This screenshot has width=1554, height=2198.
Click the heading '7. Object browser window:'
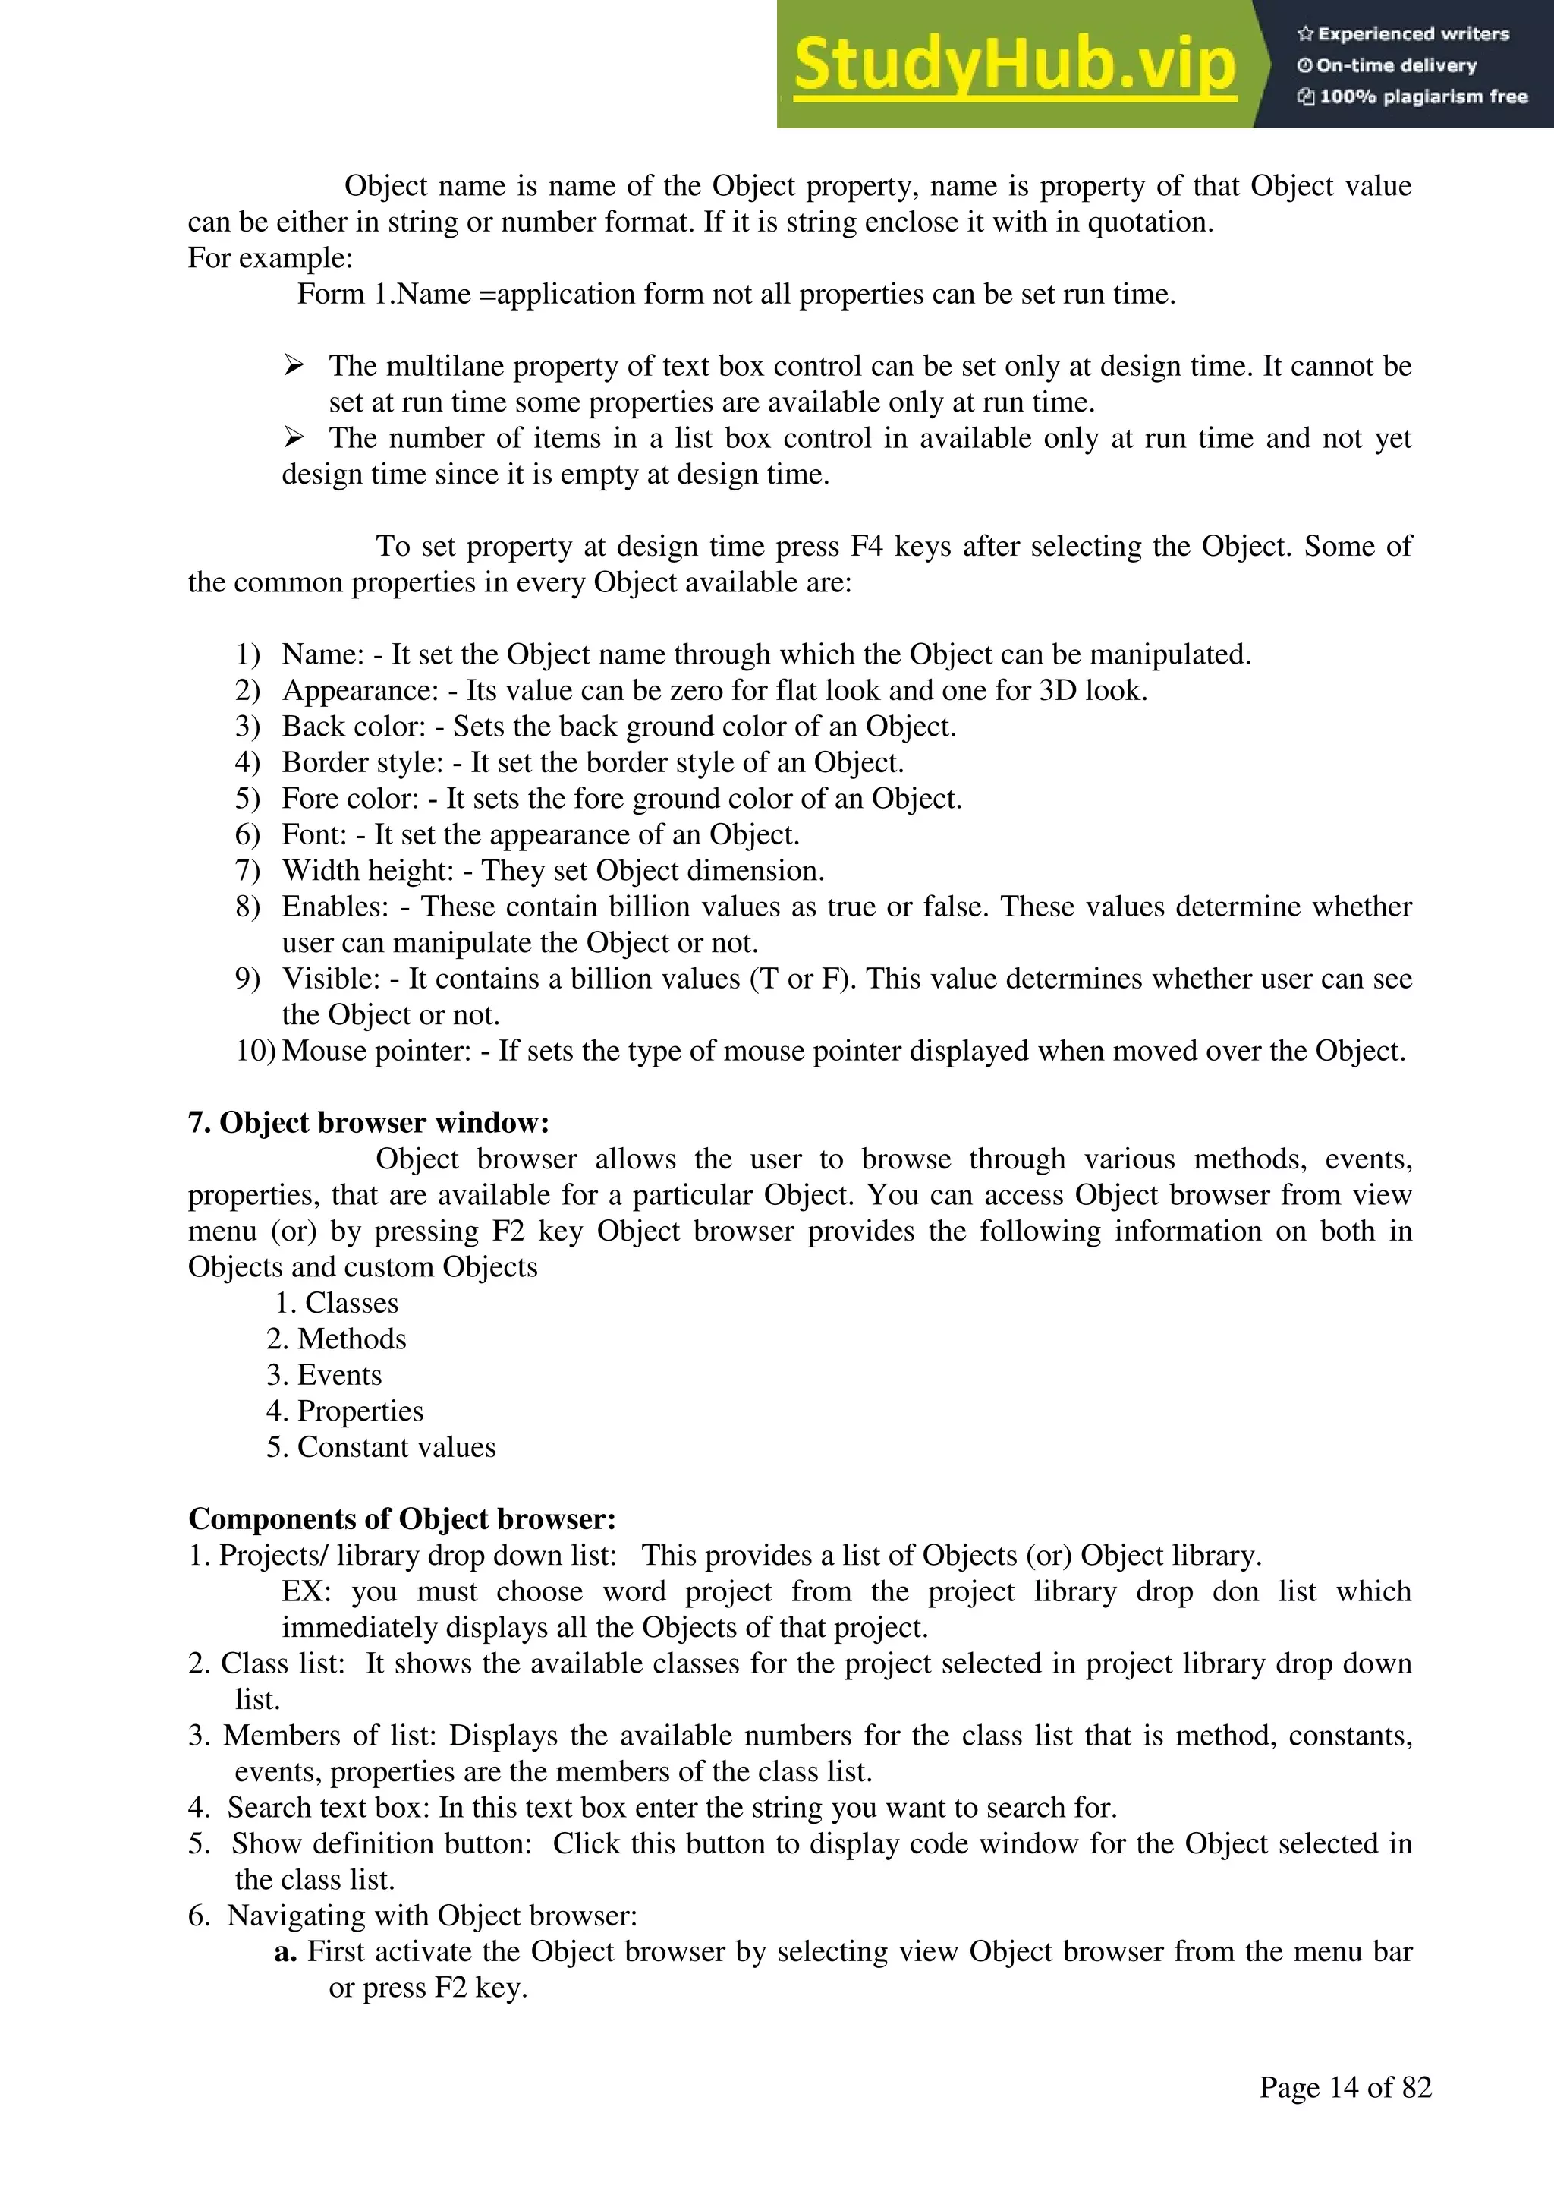coord(369,1123)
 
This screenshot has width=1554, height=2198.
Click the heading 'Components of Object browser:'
coord(402,1519)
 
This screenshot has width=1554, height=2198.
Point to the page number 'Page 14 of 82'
coord(1345,2087)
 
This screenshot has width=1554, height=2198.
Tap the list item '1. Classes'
coord(337,1303)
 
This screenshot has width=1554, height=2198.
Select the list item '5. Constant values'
coord(381,1447)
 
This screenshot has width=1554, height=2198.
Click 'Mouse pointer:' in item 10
coord(377,1051)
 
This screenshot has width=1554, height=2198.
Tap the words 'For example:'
coord(270,258)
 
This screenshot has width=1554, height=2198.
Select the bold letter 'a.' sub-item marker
coord(286,1952)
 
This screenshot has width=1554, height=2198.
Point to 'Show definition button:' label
coord(381,1843)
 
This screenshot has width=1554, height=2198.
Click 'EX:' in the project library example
coord(307,1592)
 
